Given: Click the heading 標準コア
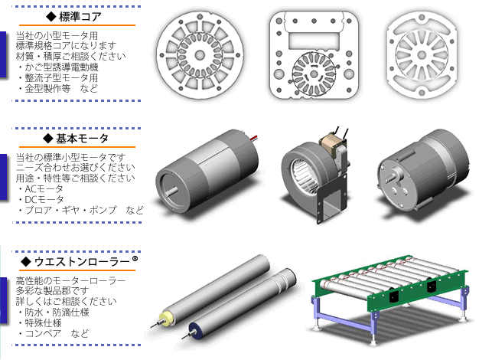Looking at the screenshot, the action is [x=80, y=17].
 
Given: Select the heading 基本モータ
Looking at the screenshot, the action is [x=82, y=139].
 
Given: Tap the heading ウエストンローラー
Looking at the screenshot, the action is [x=82, y=262].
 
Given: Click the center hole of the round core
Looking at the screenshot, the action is [x=200, y=55].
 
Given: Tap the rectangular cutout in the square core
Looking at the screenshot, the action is [x=314, y=41].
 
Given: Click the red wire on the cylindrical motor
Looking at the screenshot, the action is [x=254, y=138].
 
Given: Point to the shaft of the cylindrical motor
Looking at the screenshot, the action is [x=171, y=191].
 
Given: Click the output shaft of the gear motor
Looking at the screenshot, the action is [x=390, y=177].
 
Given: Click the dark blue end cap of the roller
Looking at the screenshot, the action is [x=194, y=330].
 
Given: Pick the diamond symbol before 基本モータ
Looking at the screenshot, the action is [x=48, y=139].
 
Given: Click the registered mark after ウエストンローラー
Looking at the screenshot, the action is [x=135, y=259].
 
